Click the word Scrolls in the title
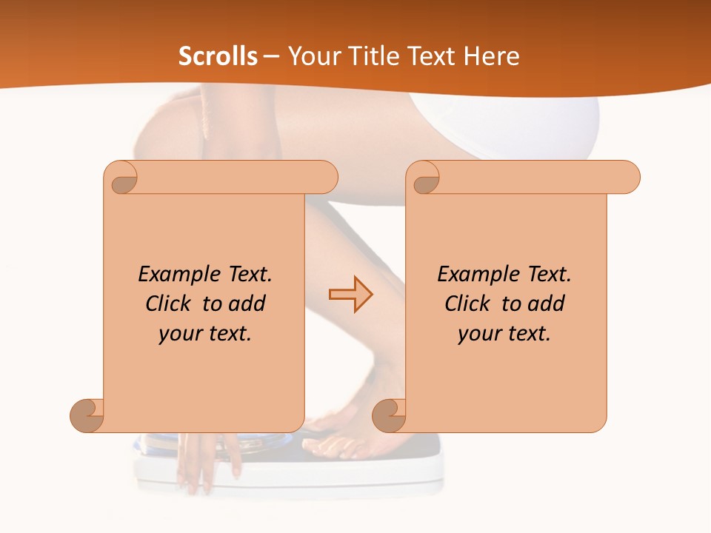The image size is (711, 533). pos(218,56)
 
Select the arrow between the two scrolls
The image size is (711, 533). pos(351,294)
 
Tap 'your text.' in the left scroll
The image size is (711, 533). pos(205,334)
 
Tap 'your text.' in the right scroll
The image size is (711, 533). pos(504,334)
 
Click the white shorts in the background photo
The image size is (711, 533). pos(533,126)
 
